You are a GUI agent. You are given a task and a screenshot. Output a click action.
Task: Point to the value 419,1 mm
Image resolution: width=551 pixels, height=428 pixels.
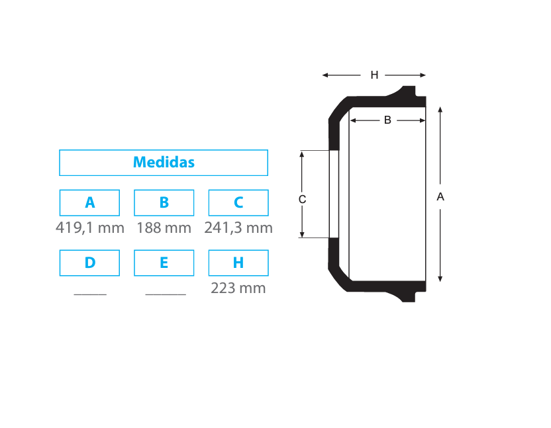tap(90, 228)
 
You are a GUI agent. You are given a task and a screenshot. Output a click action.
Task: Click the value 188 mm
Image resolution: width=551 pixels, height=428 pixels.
tap(164, 228)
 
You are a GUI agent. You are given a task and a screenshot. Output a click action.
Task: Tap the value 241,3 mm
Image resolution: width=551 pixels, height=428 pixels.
tap(238, 228)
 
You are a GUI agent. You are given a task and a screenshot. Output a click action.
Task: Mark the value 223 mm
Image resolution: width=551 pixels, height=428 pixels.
tap(238, 288)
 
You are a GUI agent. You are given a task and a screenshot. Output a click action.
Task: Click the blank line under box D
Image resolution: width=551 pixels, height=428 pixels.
tap(90, 294)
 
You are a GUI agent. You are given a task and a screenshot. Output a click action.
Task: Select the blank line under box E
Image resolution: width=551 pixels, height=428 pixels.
tap(166, 294)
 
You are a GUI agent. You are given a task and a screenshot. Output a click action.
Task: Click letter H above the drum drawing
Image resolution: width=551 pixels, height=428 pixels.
tap(374, 75)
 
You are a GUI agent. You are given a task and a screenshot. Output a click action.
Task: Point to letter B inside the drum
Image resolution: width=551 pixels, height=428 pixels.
tap(387, 120)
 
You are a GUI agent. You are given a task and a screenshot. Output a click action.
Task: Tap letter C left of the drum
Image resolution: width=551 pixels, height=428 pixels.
tap(302, 199)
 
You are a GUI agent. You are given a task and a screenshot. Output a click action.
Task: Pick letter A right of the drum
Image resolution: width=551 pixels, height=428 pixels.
tap(440, 197)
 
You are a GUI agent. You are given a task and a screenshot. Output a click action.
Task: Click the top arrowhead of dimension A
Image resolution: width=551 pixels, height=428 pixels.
tap(440, 110)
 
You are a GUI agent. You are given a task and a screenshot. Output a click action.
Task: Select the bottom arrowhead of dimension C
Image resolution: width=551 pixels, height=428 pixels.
tap(302, 235)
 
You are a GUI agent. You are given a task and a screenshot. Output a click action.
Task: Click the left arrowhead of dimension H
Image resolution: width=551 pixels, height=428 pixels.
tap(325, 75)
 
